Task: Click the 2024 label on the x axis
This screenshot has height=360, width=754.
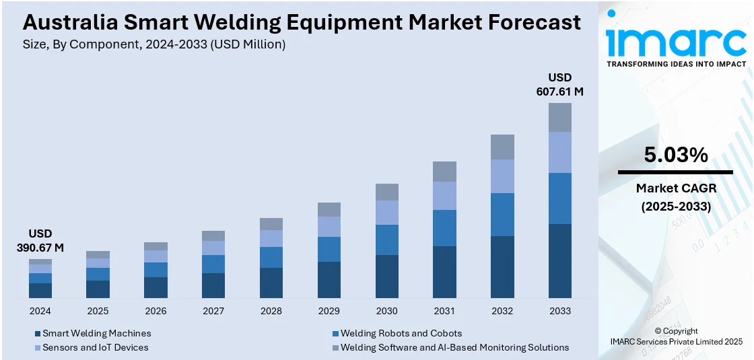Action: point(40,311)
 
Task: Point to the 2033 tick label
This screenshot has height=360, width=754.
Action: point(559,311)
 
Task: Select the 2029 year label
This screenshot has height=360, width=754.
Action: point(329,311)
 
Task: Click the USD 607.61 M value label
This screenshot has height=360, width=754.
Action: point(559,84)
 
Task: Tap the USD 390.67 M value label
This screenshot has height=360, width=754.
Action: point(40,241)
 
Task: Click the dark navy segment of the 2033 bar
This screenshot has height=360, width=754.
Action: point(559,260)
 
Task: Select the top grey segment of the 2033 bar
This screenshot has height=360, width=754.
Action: point(559,117)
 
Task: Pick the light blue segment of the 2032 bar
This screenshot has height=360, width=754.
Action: point(502,176)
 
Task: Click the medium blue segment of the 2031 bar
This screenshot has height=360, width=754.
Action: point(444,228)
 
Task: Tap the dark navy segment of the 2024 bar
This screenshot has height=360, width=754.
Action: point(40,290)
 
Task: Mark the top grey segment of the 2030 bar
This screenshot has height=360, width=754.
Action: point(386,192)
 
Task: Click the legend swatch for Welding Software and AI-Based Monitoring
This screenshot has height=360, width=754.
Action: point(335,348)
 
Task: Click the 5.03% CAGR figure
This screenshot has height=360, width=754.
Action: point(675,155)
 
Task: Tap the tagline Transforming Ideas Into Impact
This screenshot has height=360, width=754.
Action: point(676,64)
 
